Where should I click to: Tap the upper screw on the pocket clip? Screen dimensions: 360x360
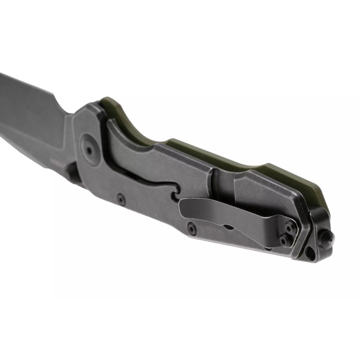click(289, 229)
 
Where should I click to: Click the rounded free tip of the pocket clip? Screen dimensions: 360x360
click(185, 207)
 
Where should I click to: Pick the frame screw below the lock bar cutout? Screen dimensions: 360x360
click(121, 200)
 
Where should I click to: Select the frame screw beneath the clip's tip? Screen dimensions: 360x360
click(191, 229)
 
